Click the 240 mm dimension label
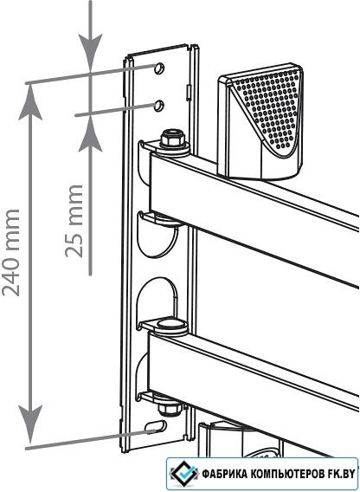coord(11,252)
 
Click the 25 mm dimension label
coord(74,221)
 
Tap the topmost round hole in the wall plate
coord(159,68)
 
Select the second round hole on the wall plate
coord(159,106)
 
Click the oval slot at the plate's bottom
coord(156,426)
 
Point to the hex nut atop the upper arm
coord(171,139)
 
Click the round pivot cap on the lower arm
coord(170,324)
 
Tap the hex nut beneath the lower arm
coord(169,408)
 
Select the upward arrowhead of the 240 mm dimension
coord(30,102)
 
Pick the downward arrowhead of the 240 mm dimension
coord(30,424)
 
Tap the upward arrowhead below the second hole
coord(90,134)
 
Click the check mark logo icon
coord(183,473)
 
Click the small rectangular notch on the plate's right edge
coord(189,93)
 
